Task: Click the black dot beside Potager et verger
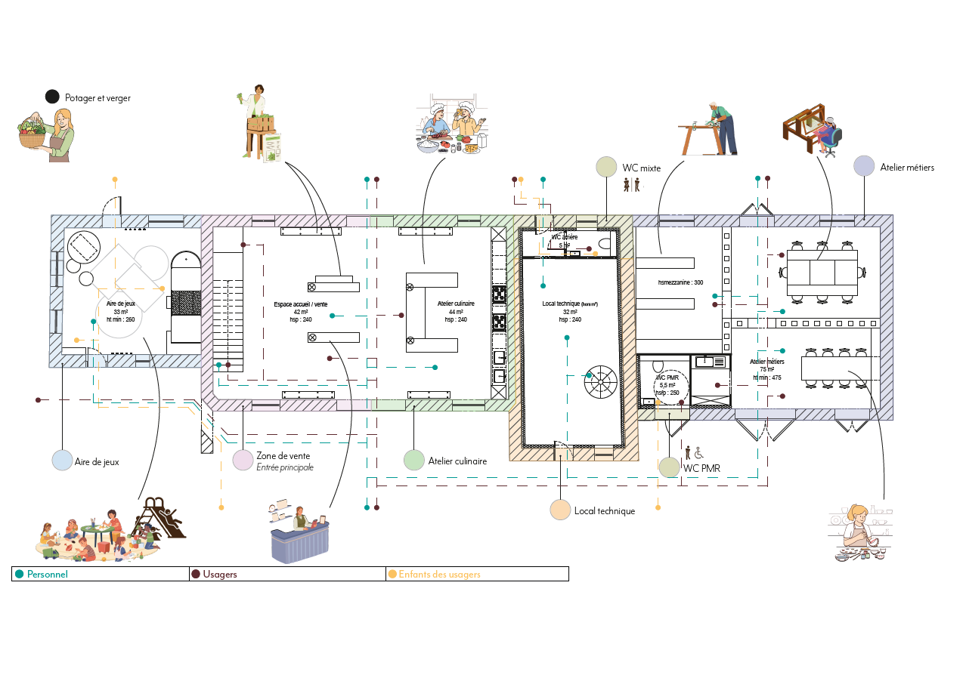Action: (x=52, y=97)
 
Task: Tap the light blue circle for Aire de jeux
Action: (x=62, y=460)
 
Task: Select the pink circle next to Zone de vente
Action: (x=243, y=460)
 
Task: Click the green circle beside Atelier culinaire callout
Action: (x=413, y=460)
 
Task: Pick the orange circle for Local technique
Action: (x=560, y=510)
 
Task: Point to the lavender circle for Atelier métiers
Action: (x=864, y=166)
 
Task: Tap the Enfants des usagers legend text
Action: (x=439, y=575)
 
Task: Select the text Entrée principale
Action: (x=284, y=467)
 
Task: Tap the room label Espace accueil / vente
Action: (x=301, y=304)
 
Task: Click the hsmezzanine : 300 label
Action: (x=680, y=282)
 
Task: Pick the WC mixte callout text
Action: (x=641, y=168)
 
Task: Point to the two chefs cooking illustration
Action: (x=452, y=125)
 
